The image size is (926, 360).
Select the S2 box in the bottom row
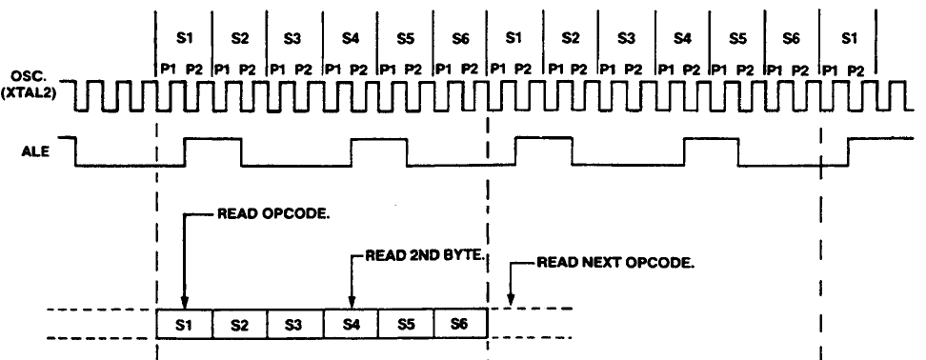(x=239, y=324)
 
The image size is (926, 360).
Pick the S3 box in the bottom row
(x=294, y=324)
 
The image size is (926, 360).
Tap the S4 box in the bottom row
(x=351, y=324)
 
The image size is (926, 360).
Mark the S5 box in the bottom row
(x=406, y=324)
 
